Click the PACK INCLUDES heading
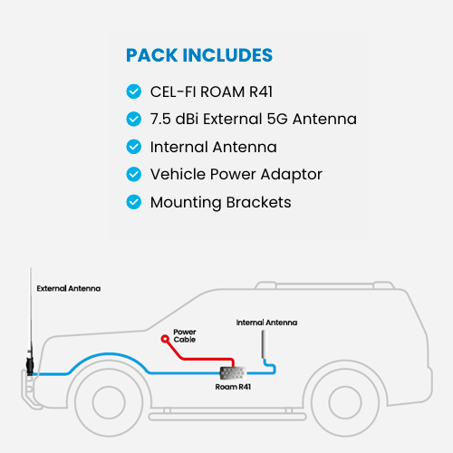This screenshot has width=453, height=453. (199, 55)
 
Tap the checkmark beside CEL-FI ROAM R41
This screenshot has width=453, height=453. (134, 92)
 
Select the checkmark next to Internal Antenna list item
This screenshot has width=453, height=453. (134, 147)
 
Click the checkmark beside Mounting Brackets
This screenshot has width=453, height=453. (134, 202)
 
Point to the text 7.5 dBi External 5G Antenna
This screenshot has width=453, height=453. (254, 119)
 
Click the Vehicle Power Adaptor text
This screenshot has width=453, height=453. (236, 175)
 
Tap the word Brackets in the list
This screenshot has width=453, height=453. (258, 202)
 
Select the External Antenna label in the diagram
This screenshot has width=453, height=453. (69, 288)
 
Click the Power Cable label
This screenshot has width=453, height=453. (185, 335)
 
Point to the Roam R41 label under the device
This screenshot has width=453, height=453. (233, 387)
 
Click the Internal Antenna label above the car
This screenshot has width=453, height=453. (266, 323)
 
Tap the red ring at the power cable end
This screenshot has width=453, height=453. (165, 339)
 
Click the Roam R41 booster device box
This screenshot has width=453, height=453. (233, 373)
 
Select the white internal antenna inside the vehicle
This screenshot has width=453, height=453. (265, 344)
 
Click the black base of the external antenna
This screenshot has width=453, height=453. (30, 366)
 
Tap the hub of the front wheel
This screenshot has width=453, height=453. (109, 402)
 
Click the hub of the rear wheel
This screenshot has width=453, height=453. (345, 402)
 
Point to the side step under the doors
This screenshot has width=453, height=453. (227, 417)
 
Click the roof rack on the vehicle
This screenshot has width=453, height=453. (324, 285)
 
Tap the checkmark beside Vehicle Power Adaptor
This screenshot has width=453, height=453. (134, 174)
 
